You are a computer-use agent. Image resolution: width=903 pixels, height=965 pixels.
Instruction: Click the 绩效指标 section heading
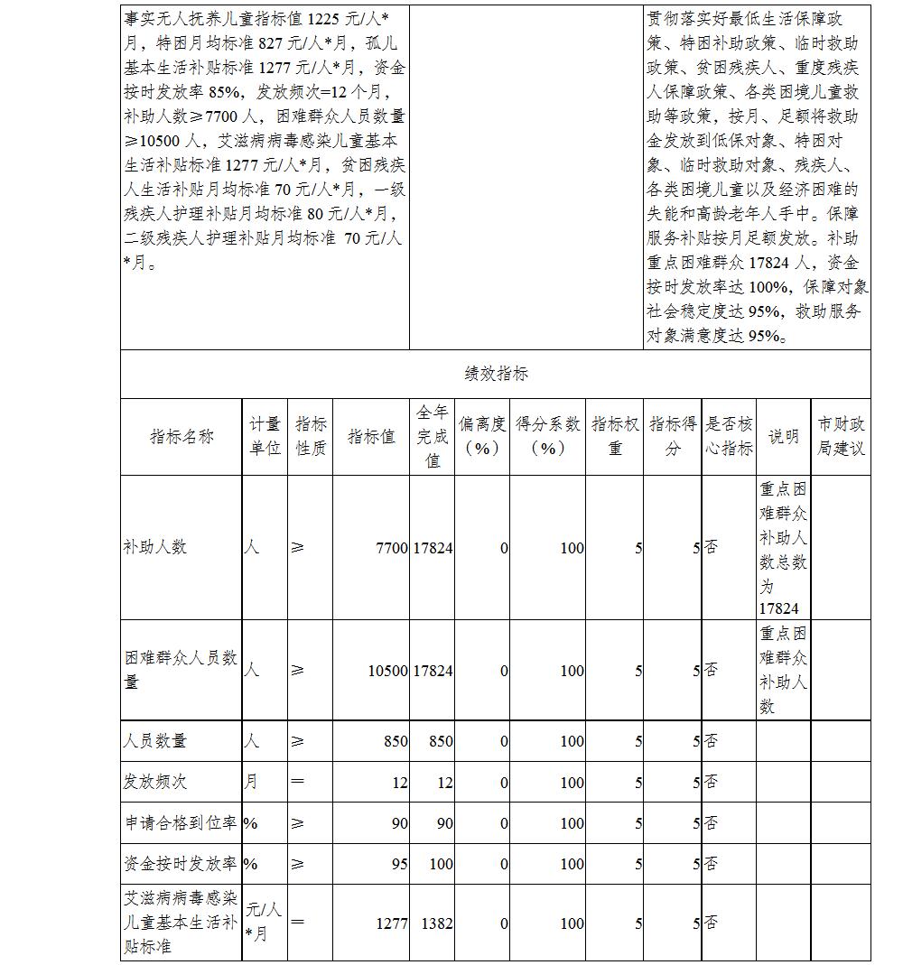(496, 374)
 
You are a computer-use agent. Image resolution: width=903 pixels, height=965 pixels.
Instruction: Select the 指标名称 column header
(182, 436)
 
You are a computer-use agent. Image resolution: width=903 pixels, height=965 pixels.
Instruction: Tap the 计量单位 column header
(265, 436)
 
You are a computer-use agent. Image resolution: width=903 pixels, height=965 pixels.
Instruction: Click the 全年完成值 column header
(432, 436)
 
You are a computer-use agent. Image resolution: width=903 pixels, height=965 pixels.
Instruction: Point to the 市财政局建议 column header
(841, 436)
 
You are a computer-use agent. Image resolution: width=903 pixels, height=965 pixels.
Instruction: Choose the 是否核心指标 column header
(729, 436)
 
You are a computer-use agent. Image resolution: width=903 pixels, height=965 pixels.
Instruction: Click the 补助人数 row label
(155, 547)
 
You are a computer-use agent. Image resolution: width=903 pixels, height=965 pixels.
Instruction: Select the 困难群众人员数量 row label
(181, 670)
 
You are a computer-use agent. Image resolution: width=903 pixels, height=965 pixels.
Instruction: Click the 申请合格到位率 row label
(181, 822)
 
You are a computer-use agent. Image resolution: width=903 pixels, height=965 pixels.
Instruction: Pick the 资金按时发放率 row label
(181, 863)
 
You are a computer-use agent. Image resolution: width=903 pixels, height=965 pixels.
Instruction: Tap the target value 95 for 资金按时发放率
(398, 864)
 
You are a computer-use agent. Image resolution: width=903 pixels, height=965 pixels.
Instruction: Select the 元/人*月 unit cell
(264, 922)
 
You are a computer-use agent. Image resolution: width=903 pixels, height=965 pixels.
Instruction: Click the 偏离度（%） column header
(481, 436)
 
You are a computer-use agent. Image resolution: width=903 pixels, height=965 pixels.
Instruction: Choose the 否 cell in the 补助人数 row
(712, 547)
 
